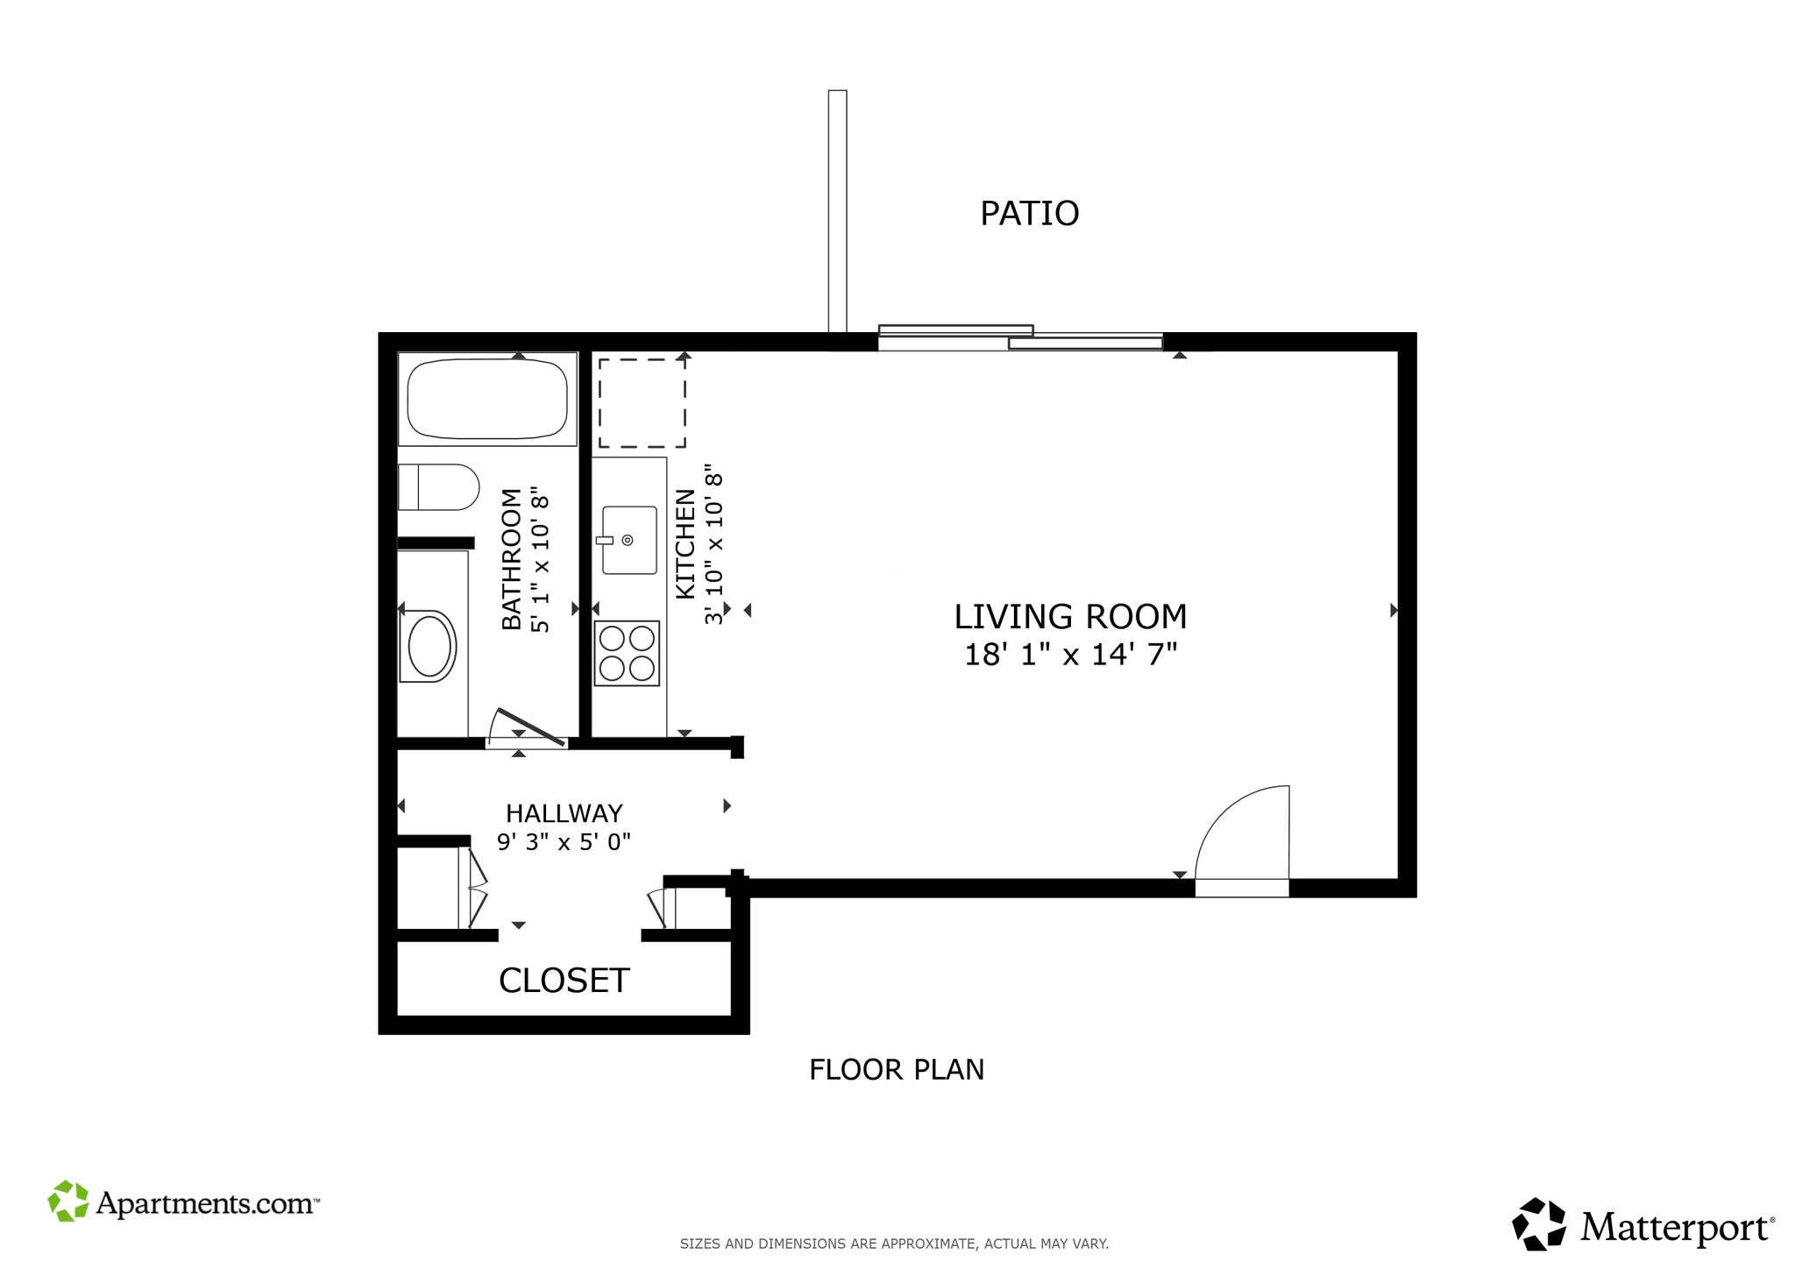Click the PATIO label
coord(1029,214)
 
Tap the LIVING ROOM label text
coord(1070,617)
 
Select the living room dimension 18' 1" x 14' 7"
coord(1070,655)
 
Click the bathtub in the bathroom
coord(487,399)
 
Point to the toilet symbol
coord(438,487)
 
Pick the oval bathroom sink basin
coord(429,646)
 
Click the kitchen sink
coord(629,540)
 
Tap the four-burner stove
coord(627,653)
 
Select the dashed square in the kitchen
coord(642,403)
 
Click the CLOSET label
coord(564,981)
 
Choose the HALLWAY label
coord(564,813)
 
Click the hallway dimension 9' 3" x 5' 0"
coord(564,842)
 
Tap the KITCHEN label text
coord(685,544)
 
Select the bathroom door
coord(529,727)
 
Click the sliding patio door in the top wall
coord(1020,339)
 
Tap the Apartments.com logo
coord(183,1202)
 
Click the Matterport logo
coord(1642,1224)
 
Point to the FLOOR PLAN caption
coord(897,1070)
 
